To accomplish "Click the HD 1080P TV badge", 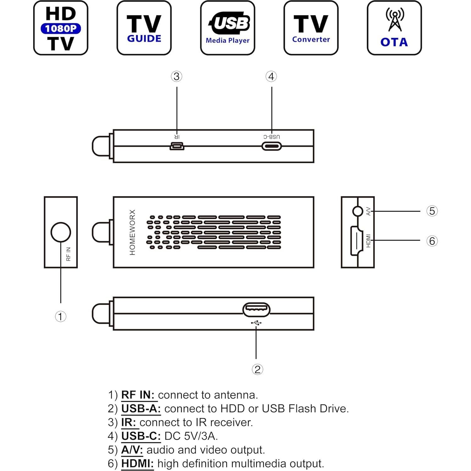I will pyautogui.click(x=61, y=28).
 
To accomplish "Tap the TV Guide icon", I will pyautogui.click(x=144, y=28).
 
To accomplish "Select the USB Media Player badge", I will pyautogui.click(x=228, y=28).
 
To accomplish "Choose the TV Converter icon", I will pyautogui.click(x=311, y=28).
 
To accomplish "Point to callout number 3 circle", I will pyautogui.click(x=177, y=76).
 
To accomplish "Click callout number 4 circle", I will pyautogui.click(x=271, y=76).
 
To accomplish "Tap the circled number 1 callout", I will pyautogui.click(x=61, y=316).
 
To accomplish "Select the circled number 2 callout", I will pyautogui.click(x=257, y=369).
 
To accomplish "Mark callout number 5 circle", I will pyautogui.click(x=432, y=211).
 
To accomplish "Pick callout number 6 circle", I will pyautogui.click(x=432, y=241).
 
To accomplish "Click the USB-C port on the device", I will pyautogui.click(x=271, y=146).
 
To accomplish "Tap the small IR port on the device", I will pyautogui.click(x=177, y=146).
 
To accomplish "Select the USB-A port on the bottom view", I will pyautogui.click(x=256, y=310).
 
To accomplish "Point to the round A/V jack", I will pyautogui.click(x=358, y=211).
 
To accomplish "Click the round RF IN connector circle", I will pyautogui.click(x=61, y=232).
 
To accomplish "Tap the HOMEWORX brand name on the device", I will pyautogui.click(x=132, y=232).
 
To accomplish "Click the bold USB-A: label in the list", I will pyautogui.click(x=141, y=409).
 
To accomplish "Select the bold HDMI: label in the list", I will pyautogui.click(x=137, y=463).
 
